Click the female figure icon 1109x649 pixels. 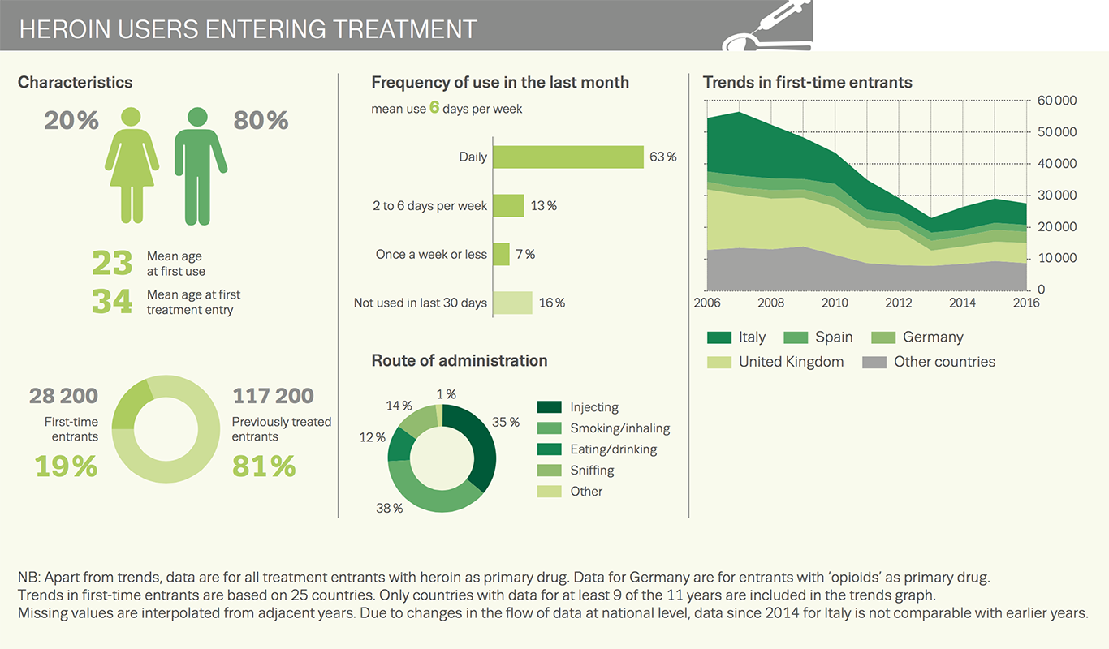[132, 166]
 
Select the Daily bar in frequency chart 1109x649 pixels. [567, 157]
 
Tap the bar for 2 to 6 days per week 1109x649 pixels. [508, 205]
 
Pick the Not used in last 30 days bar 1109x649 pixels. [512, 303]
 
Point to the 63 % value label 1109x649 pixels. [662, 157]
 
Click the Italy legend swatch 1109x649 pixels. [718, 337]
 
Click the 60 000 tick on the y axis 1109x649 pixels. [1056, 101]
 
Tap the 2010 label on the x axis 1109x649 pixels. [835, 303]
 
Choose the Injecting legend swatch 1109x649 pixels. [550, 407]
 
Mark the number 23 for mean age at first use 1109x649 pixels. [111, 264]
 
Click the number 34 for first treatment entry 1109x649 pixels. [111, 301]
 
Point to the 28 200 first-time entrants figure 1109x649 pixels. [63, 396]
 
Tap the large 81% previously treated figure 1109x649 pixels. [264, 466]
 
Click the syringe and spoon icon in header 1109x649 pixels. [766, 26]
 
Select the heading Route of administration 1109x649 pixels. [459, 360]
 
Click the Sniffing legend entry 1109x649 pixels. [592, 470]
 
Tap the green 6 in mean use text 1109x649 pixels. [434, 107]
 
